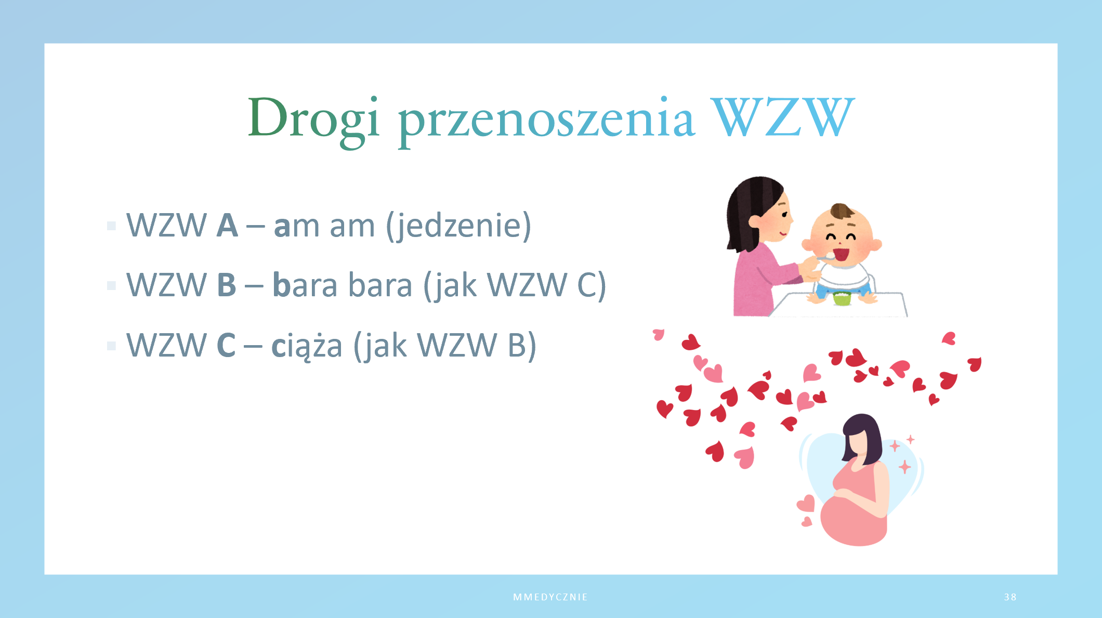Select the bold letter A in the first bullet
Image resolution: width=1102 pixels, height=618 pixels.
point(227,226)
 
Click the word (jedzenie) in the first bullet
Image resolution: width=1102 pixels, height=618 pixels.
point(458,226)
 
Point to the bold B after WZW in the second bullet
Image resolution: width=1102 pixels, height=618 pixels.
point(226,285)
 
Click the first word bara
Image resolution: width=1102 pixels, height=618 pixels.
point(305,285)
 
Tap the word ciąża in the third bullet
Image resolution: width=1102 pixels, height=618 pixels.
point(307,345)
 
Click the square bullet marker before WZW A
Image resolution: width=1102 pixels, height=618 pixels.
point(111,226)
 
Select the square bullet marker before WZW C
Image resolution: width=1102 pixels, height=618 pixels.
point(111,346)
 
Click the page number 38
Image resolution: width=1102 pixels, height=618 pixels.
point(1010,597)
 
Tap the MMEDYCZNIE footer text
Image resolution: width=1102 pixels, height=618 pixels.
point(550,597)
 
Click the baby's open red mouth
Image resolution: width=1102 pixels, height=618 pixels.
point(841,255)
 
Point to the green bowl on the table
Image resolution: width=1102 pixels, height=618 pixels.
point(842,298)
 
